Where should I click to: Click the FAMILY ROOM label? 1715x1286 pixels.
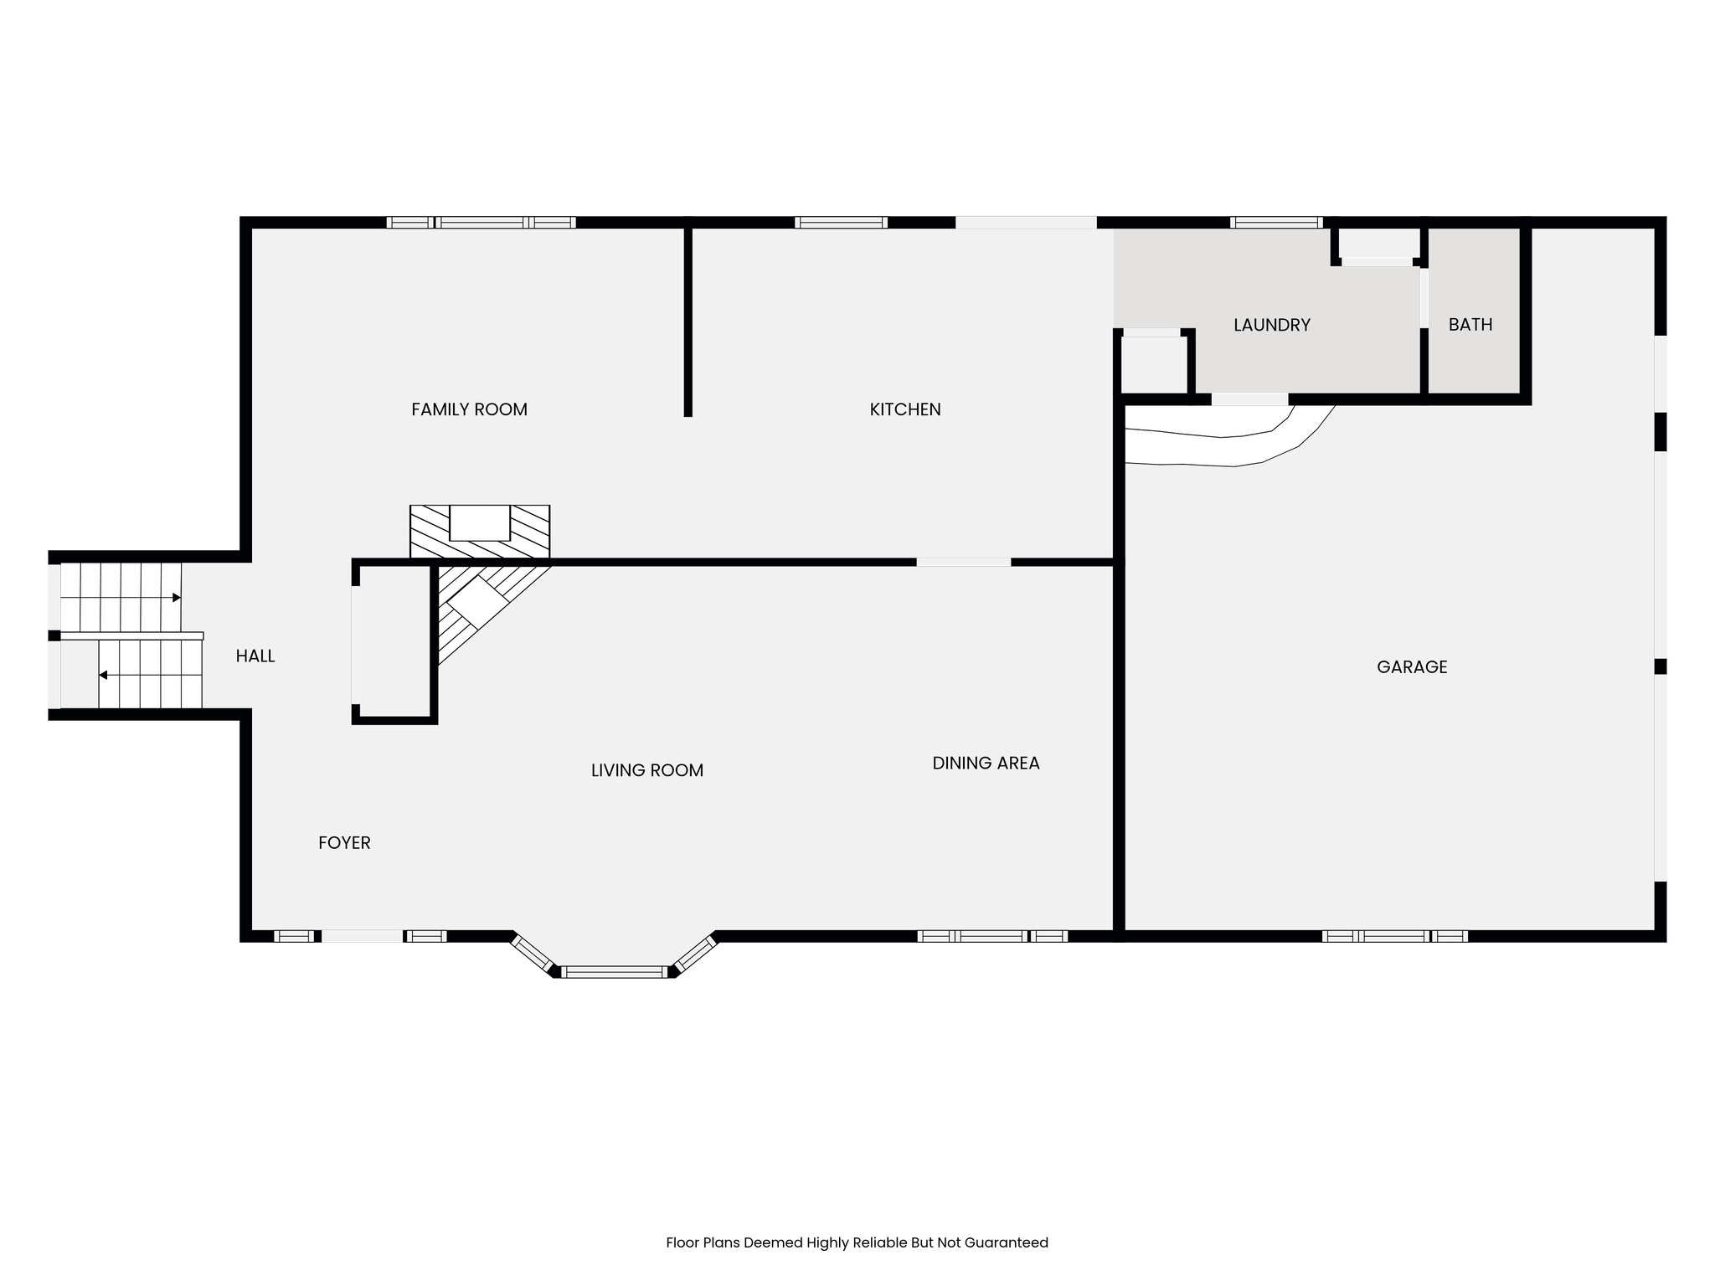pos(469,409)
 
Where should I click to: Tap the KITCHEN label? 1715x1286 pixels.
pos(904,409)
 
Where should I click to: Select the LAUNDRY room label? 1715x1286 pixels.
pos(1271,325)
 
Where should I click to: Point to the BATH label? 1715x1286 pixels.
pos(1470,325)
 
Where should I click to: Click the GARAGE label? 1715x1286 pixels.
pos(1411,667)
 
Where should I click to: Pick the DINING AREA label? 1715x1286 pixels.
pos(986,763)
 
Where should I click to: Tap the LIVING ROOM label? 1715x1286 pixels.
pos(646,770)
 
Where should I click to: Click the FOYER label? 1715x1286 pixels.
pos(344,843)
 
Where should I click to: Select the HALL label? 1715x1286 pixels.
pos(255,656)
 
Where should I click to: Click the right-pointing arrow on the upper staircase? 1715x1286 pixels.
pos(176,598)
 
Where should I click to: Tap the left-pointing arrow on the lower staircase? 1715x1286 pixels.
pos(104,675)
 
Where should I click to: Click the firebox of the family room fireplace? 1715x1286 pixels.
pos(480,523)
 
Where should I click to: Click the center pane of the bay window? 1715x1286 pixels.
pos(614,972)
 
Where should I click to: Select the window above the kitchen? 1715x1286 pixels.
pos(840,223)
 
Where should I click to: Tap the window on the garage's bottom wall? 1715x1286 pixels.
pos(1394,936)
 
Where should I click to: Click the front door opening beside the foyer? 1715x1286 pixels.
pos(362,936)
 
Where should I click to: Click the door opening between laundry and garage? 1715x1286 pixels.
pos(1249,399)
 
